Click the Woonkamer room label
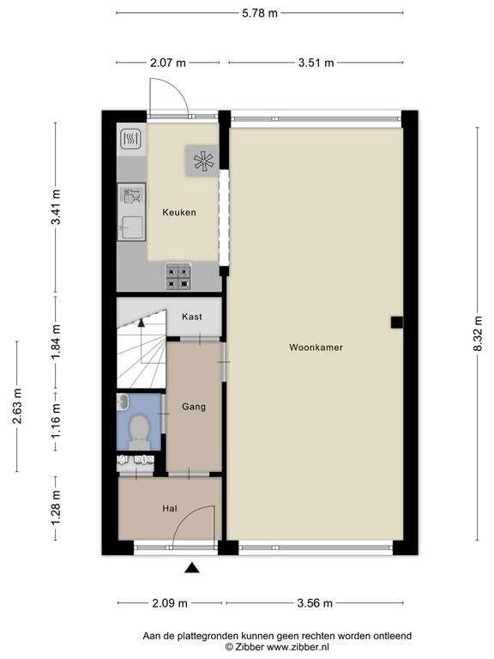(316, 348)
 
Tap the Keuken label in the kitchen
(180, 212)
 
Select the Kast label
(192, 317)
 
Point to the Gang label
(194, 407)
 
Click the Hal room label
(170, 509)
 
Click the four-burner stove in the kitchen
(179, 275)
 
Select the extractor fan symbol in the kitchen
(203, 160)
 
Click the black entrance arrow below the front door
(193, 567)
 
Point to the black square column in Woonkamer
(396, 322)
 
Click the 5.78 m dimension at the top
(259, 13)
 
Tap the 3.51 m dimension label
(316, 62)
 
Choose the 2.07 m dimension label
(169, 62)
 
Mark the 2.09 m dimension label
(169, 602)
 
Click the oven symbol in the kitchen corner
(131, 139)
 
